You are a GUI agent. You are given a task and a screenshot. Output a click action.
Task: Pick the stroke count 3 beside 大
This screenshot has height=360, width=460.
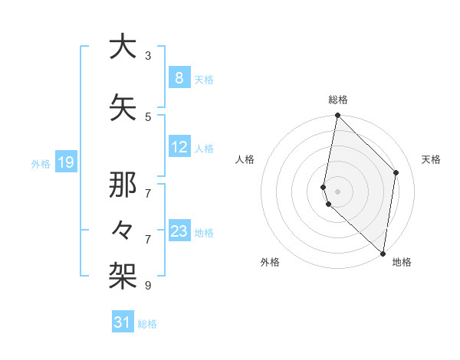(148, 56)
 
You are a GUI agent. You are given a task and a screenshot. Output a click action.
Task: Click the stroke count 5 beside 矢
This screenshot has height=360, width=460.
(148, 116)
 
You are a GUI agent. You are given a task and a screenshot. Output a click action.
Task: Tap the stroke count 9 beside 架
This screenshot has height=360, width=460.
(148, 285)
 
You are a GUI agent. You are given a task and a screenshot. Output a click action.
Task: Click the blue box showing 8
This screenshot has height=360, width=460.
(179, 77)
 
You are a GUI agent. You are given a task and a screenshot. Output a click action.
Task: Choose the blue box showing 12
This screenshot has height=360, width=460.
(179, 147)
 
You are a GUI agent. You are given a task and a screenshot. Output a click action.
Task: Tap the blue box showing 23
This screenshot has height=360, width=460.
(179, 231)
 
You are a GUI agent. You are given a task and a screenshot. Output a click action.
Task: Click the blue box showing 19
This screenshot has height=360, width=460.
(65, 162)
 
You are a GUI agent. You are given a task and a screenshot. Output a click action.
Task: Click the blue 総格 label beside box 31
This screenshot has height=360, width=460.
(147, 324)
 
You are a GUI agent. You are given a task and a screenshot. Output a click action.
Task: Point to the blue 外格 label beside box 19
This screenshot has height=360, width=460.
(40, 163)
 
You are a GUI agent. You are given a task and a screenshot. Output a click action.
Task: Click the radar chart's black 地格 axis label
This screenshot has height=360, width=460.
(402, 262)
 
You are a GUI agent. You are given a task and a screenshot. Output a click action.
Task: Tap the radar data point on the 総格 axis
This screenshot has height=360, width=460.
(337, 116)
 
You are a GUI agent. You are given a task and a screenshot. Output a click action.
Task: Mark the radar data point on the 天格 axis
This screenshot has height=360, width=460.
(396, 172)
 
